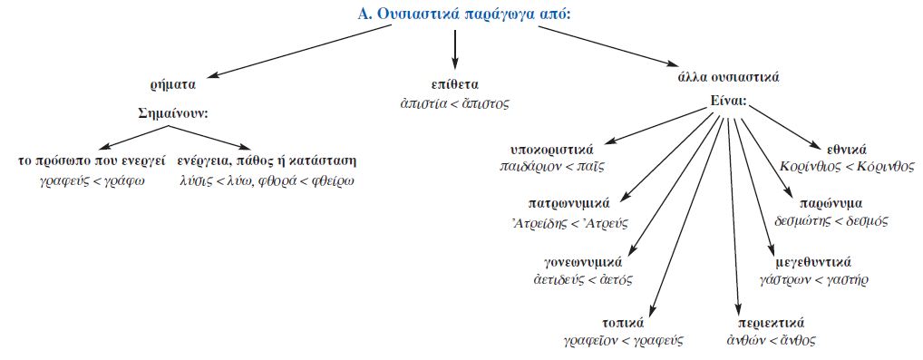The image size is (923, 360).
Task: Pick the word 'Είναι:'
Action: tap(728, 103)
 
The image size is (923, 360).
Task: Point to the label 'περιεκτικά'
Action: tap(772, 323)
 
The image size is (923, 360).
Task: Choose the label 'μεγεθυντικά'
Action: tap(815, 263)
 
